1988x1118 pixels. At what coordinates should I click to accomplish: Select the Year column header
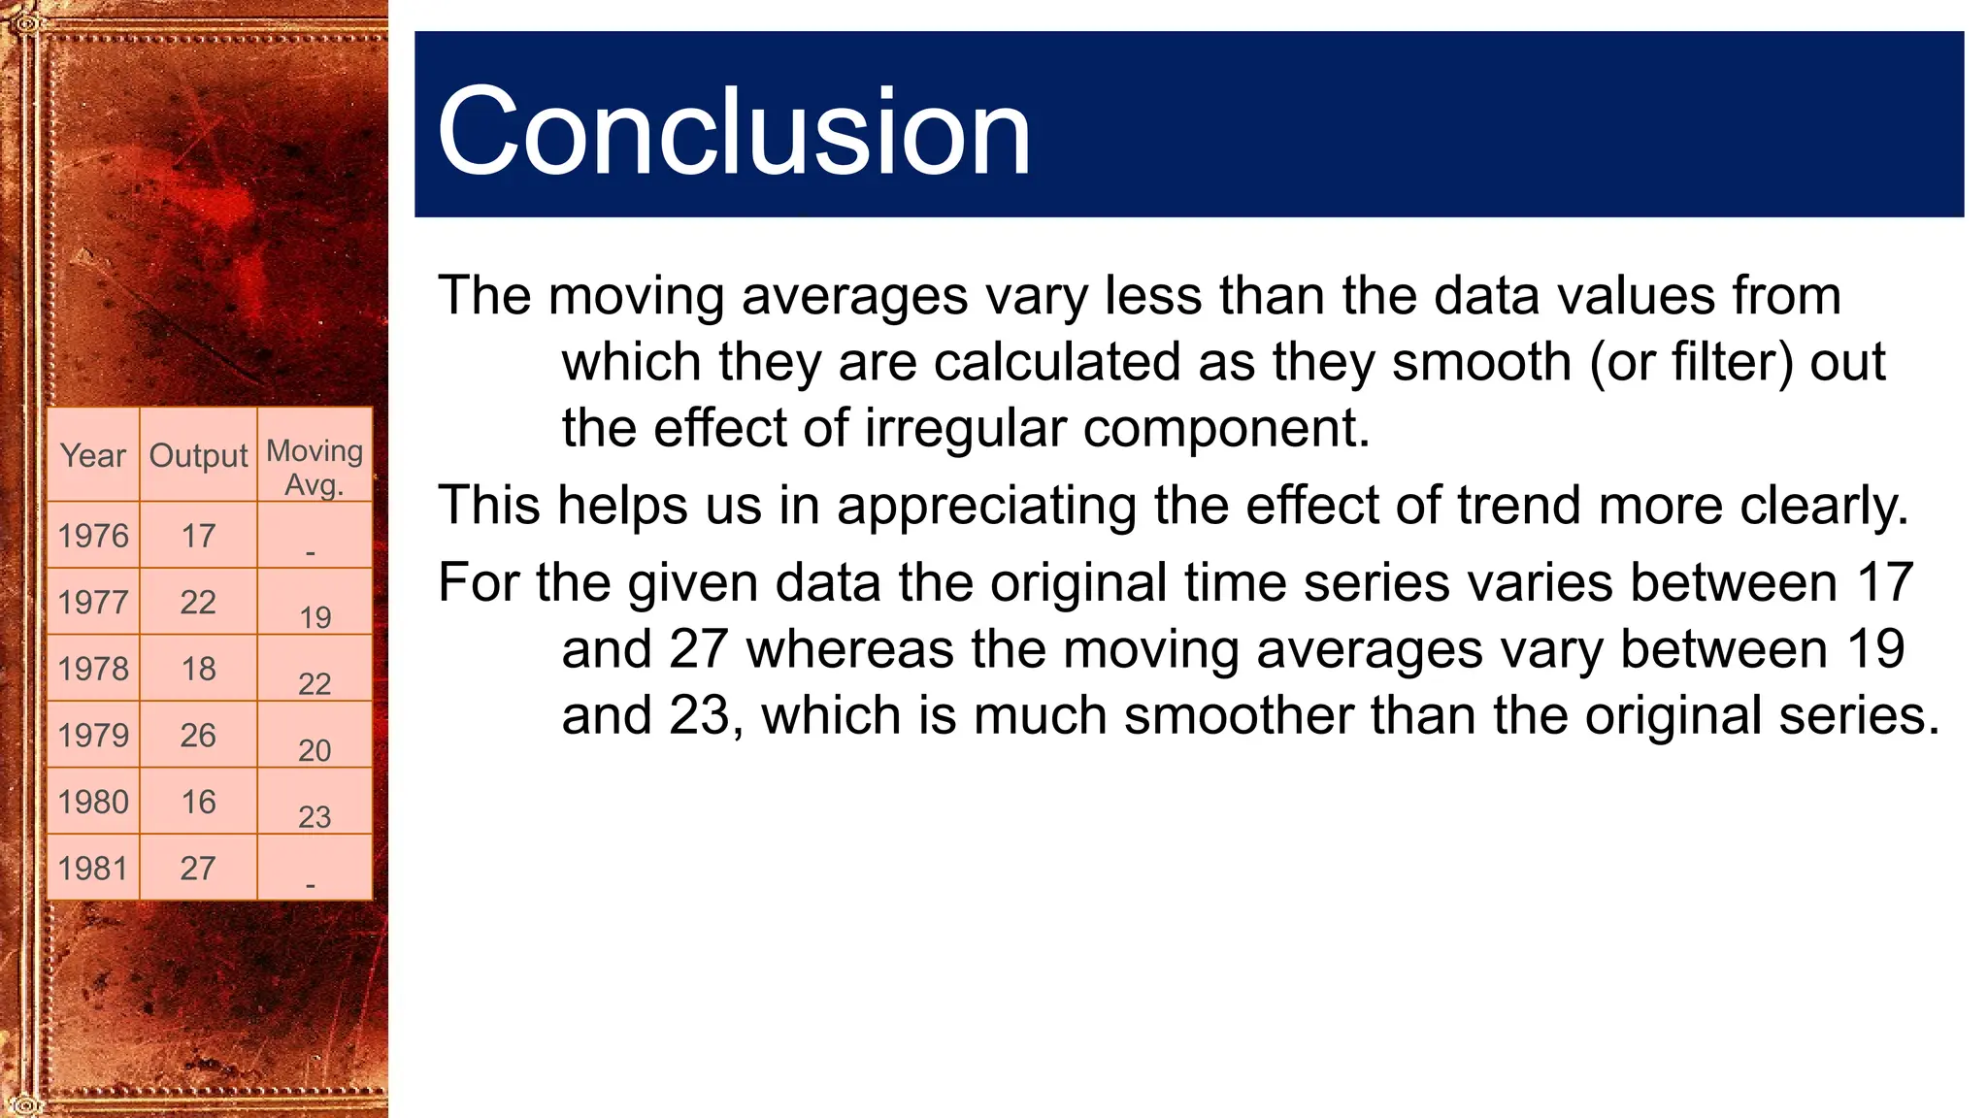(93, 455)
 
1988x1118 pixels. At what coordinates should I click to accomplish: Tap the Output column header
(198, 455)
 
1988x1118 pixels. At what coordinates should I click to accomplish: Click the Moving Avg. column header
(315, 467)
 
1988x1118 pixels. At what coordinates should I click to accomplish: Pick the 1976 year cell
(93, 536)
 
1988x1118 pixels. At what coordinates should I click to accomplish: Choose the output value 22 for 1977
(198, 603)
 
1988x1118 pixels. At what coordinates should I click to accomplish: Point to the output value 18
(198, 669)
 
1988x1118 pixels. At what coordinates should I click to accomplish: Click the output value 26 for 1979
(198, 736)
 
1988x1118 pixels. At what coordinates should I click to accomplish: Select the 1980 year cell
(93, 803)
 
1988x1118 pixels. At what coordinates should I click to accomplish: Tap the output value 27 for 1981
(198, 869)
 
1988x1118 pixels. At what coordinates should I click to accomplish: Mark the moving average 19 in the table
(315, 617)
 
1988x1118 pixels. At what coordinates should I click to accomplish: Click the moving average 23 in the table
(315, 817)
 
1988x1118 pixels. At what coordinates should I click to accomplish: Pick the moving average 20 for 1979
(315, 750)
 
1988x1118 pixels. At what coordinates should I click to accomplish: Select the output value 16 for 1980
(198, 803)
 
